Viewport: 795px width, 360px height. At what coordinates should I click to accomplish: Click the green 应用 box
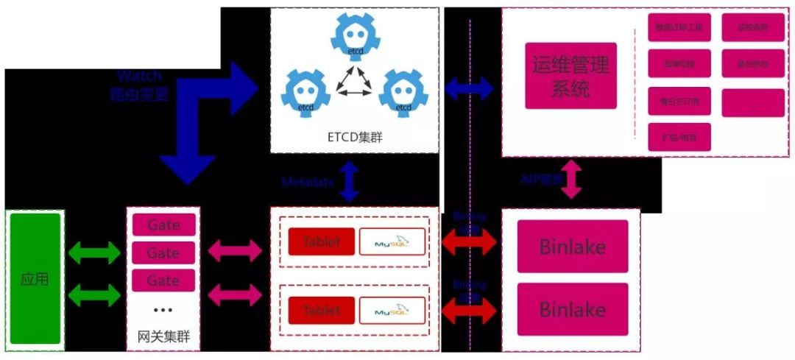[35, 279]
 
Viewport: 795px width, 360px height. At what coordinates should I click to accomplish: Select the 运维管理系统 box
[570, 76]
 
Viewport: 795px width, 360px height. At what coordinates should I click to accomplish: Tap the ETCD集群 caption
[354, 137]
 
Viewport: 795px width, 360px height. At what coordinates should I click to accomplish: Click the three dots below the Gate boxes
[163, 311]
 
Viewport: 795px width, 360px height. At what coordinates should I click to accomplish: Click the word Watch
[139, 76]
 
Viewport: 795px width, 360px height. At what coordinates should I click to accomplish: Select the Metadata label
[308, 182]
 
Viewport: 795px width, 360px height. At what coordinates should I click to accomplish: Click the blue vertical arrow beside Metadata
[349, 181]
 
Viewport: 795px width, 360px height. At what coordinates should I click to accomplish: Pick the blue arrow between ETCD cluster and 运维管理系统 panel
[470, 88]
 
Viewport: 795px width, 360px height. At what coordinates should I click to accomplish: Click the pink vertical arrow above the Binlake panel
[572, 181]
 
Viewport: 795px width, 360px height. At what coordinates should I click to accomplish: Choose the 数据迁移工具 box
[679, 27]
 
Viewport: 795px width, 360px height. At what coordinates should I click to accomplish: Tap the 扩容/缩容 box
[679, 137]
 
